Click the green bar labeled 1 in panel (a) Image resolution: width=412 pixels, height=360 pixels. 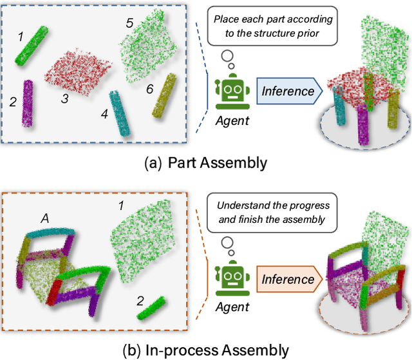32,46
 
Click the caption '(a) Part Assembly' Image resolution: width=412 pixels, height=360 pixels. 206,162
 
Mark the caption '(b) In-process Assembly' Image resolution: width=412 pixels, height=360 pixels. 206,350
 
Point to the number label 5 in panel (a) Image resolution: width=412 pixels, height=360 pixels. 129,23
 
